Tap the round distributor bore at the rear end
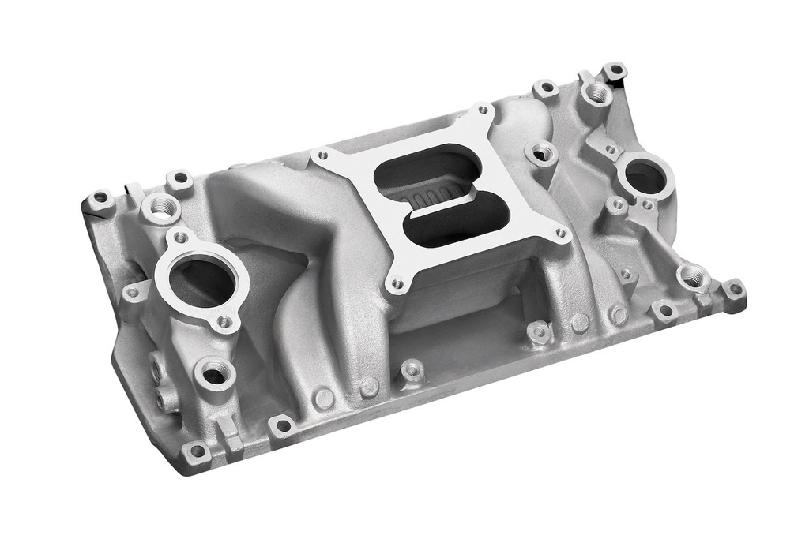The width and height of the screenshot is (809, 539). pyautogui.click(x=645, y=178)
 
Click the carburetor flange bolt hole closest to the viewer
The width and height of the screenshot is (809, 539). pyautogui.click(x=397, y=283)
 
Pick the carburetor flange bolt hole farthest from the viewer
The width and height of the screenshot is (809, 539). pyautogui.click(x=483, y=110)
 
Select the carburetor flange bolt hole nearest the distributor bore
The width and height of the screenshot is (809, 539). pyautogui.click(x=561, y=233)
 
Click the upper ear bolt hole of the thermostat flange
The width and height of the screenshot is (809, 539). pyautogui.click(x=181, y=237)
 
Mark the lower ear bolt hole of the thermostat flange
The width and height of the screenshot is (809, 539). pyautogui.click(x=224, y=321)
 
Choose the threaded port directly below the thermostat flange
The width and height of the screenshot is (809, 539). pyautogui.click(x=214, y=372)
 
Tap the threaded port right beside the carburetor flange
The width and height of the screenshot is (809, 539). pyautogui.click(x=541, y=152)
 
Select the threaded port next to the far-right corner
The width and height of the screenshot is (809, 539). pyautogui.click(x=692, y=276)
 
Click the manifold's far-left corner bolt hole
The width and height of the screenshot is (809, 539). pyautogui.click(x=100, y=197)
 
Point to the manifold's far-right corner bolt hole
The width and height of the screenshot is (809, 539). pyautogui.click(x=735, y=289)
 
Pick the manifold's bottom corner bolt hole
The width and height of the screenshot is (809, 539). pyautogui.click(x=196, y=452)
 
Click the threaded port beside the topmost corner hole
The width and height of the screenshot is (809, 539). pyautogui.click(x=597, y=94)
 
